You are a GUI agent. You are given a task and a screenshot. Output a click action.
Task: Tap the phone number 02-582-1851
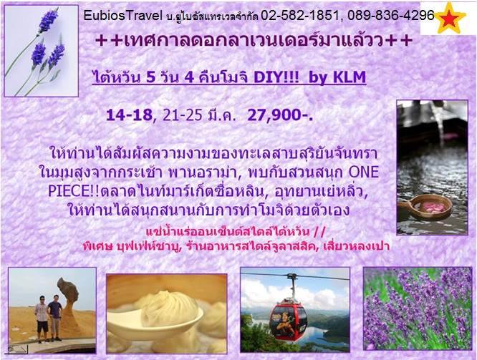coord(299,16)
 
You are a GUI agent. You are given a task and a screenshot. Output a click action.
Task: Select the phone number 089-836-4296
coord(391,16)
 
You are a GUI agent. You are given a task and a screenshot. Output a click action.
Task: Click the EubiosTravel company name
coord(123,16)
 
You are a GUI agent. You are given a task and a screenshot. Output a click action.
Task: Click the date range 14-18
coord(130,115)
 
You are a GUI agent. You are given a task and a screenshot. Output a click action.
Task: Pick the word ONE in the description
coord(364,172)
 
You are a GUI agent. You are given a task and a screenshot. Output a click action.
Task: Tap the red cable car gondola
coord(288,318)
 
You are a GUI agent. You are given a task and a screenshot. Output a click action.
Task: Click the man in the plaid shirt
coord(42,319)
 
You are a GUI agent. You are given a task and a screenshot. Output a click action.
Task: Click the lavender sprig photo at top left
coord(41,51)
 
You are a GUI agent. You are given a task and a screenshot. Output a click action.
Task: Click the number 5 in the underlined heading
coord(151,77)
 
